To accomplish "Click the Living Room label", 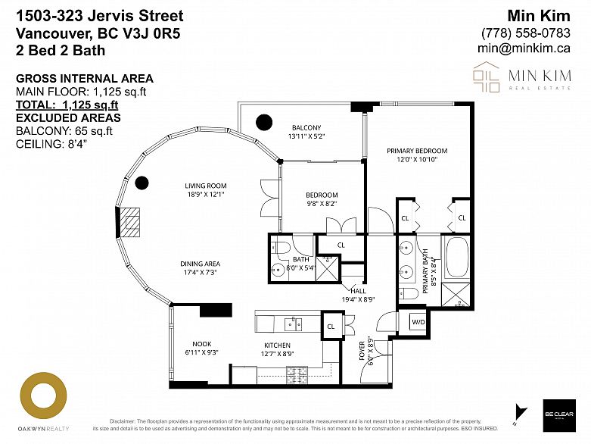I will click(206, 186).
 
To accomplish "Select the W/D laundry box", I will click(417, 322).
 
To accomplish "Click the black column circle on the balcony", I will click(263, 120).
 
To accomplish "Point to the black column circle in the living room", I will click(142, 182).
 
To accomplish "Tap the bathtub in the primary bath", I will click(456, 258).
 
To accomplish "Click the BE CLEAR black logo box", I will click(558, 416).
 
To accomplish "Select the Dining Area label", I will click(200, 264).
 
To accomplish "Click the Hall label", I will click(358, 290).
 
